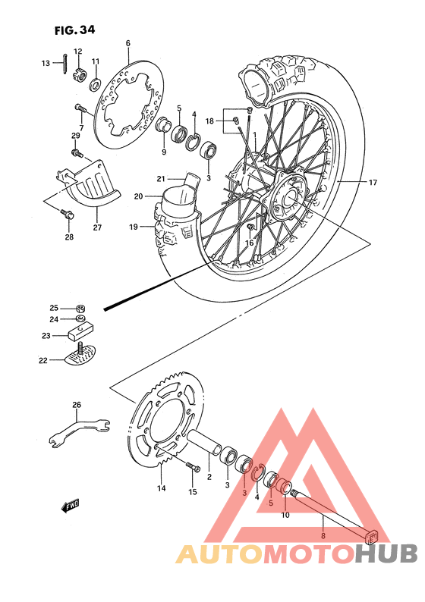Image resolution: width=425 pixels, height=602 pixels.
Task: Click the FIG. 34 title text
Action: tap(75, 30)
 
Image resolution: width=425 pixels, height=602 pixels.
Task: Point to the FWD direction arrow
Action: tap(70, 506)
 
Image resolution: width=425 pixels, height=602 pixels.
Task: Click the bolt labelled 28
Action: tap(68, 218)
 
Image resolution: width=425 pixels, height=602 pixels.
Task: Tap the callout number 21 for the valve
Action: tap(161, 179)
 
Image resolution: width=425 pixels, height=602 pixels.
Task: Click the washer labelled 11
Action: tap(96, 80)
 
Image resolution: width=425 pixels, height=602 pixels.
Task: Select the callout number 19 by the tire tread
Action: tap(133, 226)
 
